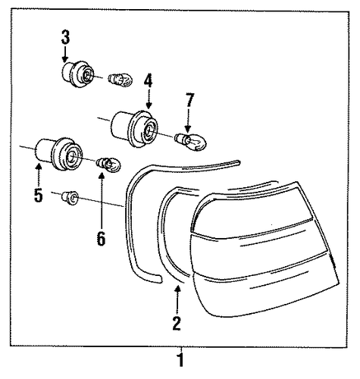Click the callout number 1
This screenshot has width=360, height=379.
pyautogui.click(x=180, y=360)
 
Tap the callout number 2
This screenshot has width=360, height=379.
pyautogui.click(x=177, y=323)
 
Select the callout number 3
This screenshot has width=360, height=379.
pyautogui.click(x=65, y=37)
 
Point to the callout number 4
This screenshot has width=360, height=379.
pyautogui.click(x=149, y=80)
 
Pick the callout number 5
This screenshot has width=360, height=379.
pyautogui.click(x=39, y=195)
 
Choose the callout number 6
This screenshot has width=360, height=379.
pyautogui.click(x=101, y=238)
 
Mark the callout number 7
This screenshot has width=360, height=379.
pyautogui.click(x=190, y=100)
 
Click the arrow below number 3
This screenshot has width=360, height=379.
pyautogui.click(x=65, y=54)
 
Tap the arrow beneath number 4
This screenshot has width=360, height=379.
pyautogui.click(x=149, y=99)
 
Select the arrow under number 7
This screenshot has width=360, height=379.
pyautogui.click(x=187, y=120)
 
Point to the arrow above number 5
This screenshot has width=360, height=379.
pyautogui.click(x=39, y=175)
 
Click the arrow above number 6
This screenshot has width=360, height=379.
pyautogui.click(x=102, y=201)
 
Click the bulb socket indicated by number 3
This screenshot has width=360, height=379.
pyautogui.click(x=77, y=74)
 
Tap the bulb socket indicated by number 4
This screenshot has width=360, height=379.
pyautogui.click(x=134, y=129)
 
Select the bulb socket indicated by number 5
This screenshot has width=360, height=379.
pyautogui.click(x=59, y=154)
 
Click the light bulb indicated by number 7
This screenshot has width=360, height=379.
pyautogui.click(x=191, y=142)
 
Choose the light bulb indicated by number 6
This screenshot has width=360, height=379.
pyautogui.click(x=108, y=164)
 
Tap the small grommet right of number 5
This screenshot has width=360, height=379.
pyautogui.click(x=70, y=198)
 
